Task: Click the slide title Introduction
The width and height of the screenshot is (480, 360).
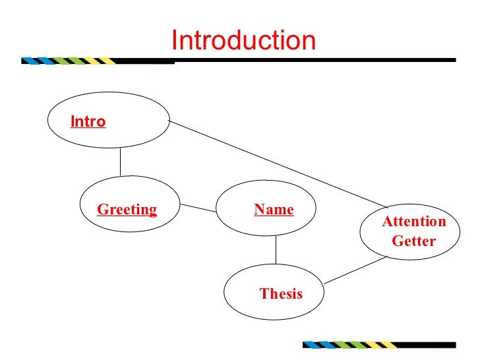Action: point(243,41)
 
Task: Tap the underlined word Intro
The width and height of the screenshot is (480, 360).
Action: point(88,121)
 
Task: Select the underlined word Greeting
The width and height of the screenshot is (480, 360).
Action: point(127,210)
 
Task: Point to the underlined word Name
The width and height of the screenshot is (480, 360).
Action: point(274,210)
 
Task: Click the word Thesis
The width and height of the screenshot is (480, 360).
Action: point(281,294)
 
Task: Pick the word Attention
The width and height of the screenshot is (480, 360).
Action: point(414,222)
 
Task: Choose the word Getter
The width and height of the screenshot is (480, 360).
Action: point(414,241)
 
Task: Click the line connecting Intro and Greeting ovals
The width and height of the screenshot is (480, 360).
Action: point(120,161)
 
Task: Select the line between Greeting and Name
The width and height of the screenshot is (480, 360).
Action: point(198,207)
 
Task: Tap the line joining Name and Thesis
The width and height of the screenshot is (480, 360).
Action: point(276,250)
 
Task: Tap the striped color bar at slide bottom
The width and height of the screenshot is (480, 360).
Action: point(349,344)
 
